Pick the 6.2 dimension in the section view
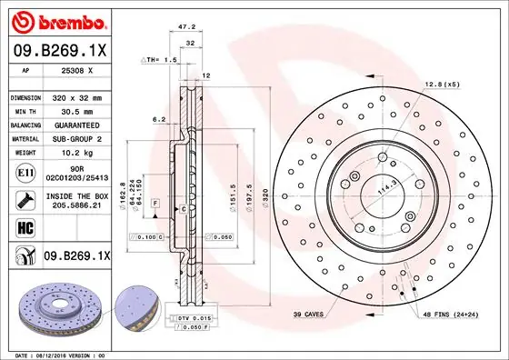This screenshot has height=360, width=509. (x=159, y=119)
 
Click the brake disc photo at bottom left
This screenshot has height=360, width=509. (x=51, y=308)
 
